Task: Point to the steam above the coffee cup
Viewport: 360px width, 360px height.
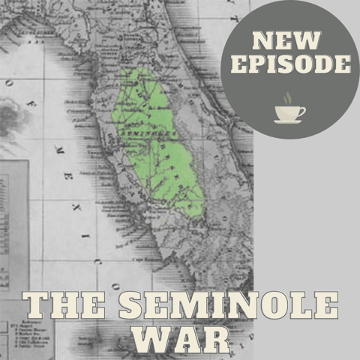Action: point(288,98)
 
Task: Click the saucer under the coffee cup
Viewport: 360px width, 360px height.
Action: point(288,121)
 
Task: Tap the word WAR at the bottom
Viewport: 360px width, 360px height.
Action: point(181,340)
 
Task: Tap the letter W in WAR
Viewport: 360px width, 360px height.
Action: point(150,340)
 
